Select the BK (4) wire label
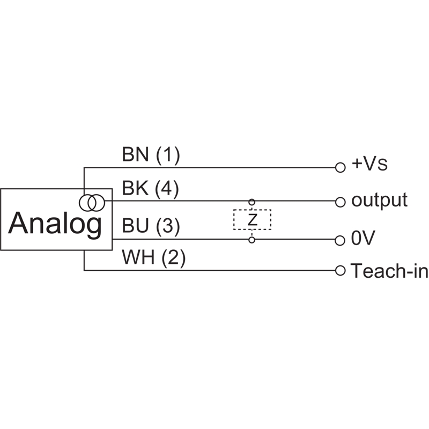[151, 189]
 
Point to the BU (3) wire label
[151, 226]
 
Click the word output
[379, 200]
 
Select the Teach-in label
[389, 271]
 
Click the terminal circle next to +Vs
[339, 167]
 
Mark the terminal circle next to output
[339, 202]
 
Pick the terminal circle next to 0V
[339, 240]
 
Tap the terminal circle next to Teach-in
[339, 270]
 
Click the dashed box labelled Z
[252, 220]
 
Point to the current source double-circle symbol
[92, 202]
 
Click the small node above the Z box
[252, 202]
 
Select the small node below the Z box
[252, 239]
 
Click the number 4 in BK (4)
[167, 189]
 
